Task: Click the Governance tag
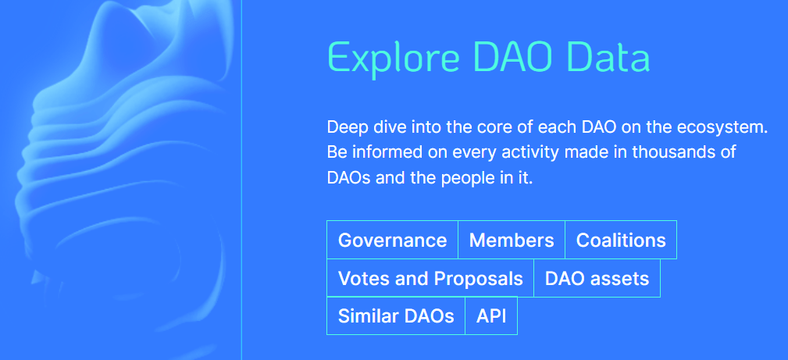point(393,240)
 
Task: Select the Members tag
point(512,240)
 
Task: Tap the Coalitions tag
point(621,240)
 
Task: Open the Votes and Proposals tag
point(430,278)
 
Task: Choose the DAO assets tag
point(597,278)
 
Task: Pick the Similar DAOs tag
point(396,315)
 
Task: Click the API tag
point(491,315)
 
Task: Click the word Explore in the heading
point(394,58)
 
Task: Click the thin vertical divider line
point(242,180)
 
